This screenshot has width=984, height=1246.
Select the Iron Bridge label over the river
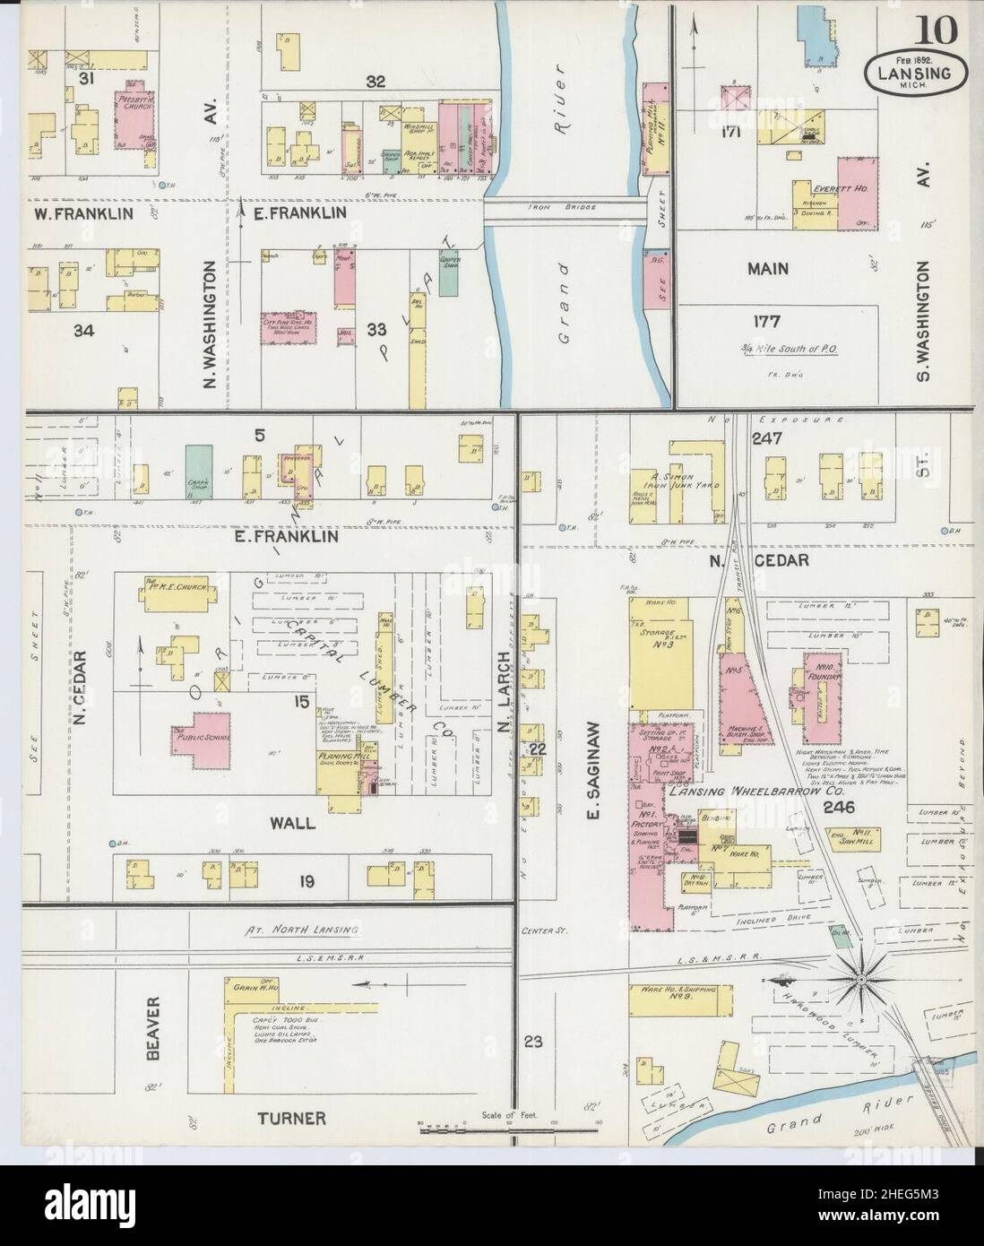pos(565,204)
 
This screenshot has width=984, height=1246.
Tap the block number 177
pos(767,321)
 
